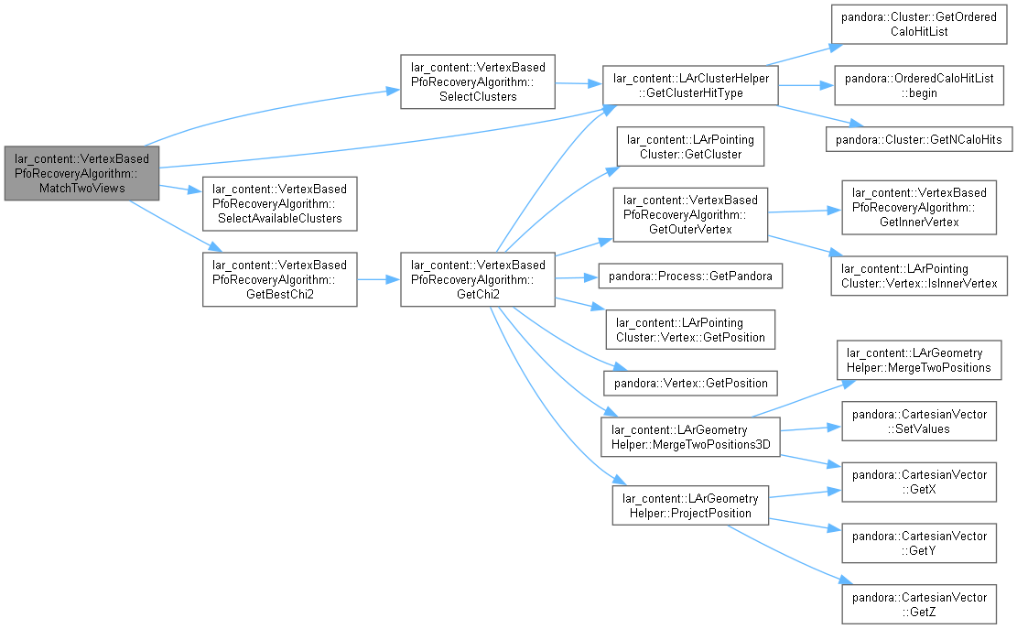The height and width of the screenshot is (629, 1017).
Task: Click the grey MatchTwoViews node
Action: pos(81,173)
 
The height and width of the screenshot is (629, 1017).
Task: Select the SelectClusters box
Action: pos(477,81)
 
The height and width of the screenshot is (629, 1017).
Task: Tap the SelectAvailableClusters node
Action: pos(279,203)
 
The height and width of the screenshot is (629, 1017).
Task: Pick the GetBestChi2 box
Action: pos(279,279)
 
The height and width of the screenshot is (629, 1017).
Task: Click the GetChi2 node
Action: pos(477,279)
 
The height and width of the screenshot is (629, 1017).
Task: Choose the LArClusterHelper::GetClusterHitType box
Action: pos(690,85)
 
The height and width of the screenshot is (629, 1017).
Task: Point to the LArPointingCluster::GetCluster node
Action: pos(690,146)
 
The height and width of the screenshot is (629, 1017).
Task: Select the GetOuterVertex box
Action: pos(690,214)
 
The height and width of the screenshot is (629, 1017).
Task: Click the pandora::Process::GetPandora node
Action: pos(690,276)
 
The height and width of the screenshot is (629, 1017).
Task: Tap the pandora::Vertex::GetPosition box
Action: pos(690,383)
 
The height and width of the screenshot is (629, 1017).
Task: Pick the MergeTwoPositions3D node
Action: pos(690,437)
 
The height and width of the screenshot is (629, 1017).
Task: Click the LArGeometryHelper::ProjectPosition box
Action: pos(690,505)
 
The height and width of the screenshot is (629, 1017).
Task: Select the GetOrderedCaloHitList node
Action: pos(919,24)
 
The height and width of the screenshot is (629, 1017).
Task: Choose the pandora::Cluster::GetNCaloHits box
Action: pos(919,139)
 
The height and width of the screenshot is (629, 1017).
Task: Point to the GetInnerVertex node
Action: pos(919,207)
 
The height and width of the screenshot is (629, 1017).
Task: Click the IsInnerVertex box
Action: pos(919,276)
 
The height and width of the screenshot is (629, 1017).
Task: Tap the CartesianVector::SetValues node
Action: pos(919,421)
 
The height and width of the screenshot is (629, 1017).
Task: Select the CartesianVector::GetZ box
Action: pos(919,604)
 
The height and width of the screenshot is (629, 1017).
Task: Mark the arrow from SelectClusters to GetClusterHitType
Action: pos(579,83)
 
